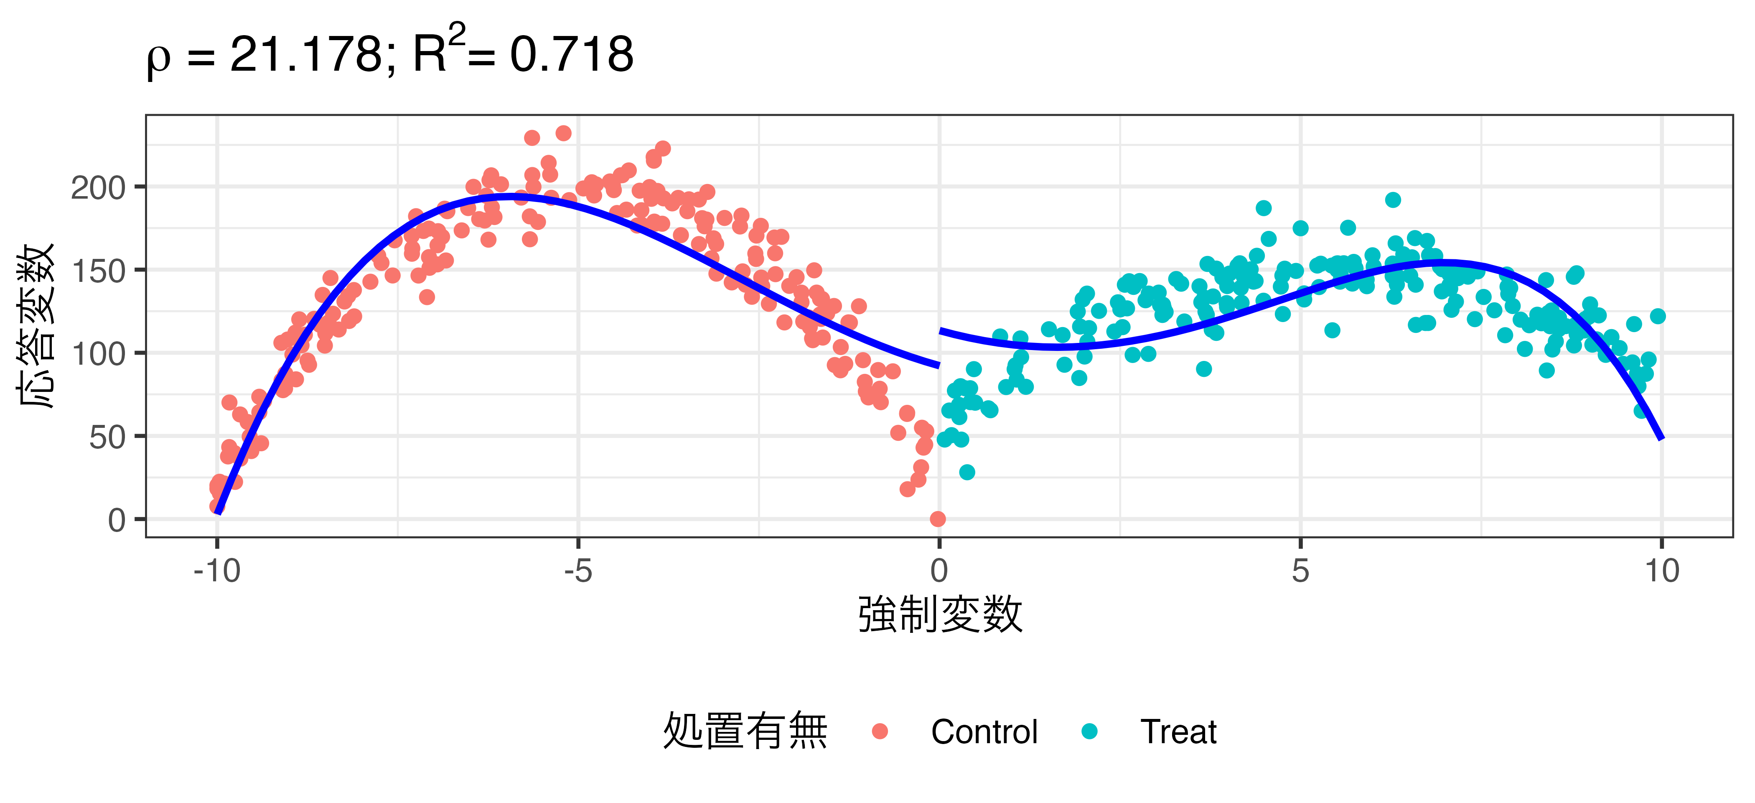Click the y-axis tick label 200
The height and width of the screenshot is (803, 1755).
98,188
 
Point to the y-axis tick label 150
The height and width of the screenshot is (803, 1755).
98,271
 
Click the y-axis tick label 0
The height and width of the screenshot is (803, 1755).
117,521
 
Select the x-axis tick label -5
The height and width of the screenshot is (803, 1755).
578,570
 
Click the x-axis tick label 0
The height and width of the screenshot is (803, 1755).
939,570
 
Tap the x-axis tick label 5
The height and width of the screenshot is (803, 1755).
1300,570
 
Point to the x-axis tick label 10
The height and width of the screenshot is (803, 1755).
1662,570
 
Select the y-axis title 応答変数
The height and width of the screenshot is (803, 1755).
36,326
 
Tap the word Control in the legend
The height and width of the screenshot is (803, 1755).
984,732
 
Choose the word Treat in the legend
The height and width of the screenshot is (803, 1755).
1178,732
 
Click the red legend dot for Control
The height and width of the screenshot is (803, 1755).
880,731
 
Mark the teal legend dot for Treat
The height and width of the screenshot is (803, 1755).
1089,731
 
